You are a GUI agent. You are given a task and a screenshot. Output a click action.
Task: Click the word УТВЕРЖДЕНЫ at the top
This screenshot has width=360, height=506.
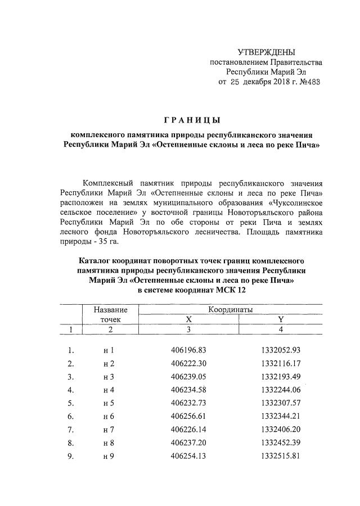(x=266, y=52)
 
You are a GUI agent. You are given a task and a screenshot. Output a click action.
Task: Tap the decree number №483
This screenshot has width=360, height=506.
(x=309, y=82)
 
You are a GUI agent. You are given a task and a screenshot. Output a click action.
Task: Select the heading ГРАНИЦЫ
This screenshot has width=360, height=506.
(x=191, y=120)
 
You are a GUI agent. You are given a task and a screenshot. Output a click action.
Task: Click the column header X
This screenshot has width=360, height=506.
(x=188, y=319)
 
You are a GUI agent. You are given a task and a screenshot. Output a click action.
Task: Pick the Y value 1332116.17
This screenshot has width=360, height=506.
(x=281, y=363)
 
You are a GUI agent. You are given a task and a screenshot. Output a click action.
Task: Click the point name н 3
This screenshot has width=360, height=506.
(x=109, y=377)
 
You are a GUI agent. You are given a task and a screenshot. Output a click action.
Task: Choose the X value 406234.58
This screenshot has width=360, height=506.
(x=188, y=390)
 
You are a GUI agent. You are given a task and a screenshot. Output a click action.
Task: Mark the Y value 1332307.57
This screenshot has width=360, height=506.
(x=281, y=403)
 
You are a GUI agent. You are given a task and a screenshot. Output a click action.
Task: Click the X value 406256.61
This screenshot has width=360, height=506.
(x=188, y=417)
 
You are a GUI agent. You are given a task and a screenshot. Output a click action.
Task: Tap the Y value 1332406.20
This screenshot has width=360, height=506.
(x=281, y=430)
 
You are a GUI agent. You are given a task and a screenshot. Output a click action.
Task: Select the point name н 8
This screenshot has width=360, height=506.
(x=109, y=443)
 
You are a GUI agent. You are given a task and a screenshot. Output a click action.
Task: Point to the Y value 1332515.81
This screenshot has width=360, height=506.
(x=281, y=456)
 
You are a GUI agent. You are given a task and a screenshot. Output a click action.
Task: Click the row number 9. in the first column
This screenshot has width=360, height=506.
(x=71, y=456)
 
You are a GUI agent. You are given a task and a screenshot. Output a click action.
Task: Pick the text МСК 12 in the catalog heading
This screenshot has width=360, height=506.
(x=231, y=290)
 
